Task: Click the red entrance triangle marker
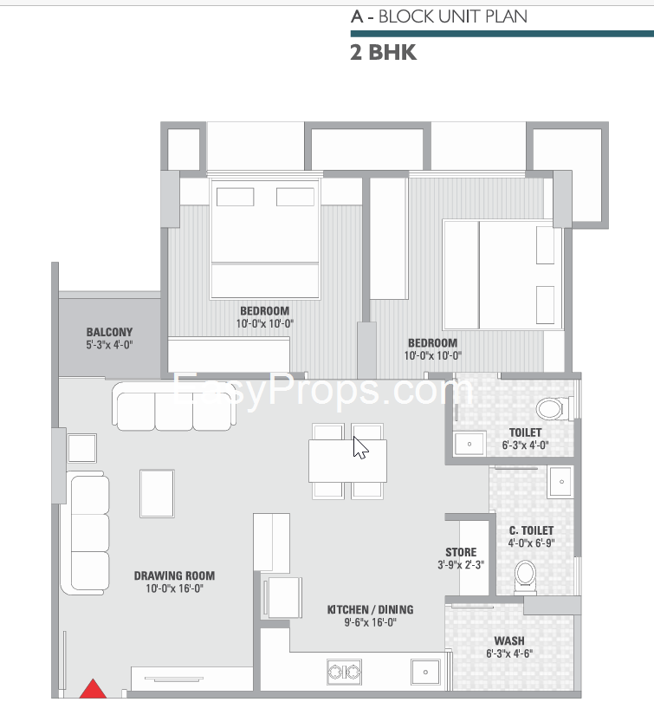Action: (x=93, y=690)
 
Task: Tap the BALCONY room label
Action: (x=109, y=332)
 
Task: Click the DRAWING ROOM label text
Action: (x=174, y=575)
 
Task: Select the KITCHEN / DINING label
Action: (x=371, y=609)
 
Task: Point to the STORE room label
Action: (x=461, y=552)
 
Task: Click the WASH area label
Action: (x=509, y=640)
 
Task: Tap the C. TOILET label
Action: (x=532, y=530)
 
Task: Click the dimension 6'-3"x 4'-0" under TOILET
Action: (x=526, y=445)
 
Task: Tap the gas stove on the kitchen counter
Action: (x=345, y=672)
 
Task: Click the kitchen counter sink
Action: (x=425, y=672)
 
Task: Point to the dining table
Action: (x=347, y=461)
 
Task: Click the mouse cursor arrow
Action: (x=360, y=448)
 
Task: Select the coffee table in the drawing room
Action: (x=157, y=493)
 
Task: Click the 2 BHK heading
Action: (x=384, y=53)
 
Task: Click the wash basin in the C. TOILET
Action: (x=560, y=482)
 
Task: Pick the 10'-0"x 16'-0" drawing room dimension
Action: (x=174, y=588)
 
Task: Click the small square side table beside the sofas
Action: (x=82, y=448)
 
